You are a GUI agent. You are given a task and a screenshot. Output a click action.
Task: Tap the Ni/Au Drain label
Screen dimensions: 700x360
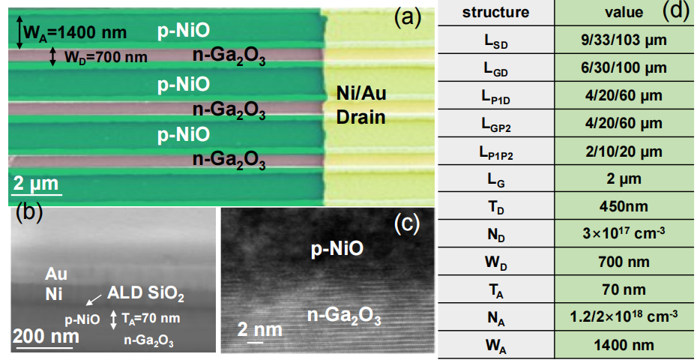[x=361, y=106]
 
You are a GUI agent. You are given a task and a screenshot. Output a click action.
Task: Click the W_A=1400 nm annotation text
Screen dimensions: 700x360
[x=75, y=33]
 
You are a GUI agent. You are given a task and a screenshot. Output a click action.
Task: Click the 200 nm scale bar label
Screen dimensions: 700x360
[x=46, y=335]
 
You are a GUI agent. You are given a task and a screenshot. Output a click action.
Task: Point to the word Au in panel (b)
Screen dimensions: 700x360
[x=55, y=273]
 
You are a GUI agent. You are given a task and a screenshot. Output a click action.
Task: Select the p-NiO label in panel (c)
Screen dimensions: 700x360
[x=337, y=250]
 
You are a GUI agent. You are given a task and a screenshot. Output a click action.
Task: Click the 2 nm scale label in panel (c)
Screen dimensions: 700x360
[x=259, y=330]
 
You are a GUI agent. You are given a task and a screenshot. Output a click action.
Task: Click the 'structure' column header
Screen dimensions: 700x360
[x=495, y=12]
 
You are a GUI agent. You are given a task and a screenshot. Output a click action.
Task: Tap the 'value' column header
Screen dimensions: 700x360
[x=624, y=13]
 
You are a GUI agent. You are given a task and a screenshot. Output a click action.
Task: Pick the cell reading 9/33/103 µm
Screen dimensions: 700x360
[x=625, y=40]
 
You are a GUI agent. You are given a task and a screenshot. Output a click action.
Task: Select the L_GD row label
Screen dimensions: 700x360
[x=495, y=69]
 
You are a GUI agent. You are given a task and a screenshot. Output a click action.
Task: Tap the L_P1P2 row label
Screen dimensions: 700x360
[x=495, y=152]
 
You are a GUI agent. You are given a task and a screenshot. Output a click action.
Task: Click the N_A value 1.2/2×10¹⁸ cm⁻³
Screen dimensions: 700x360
[x=625, y=316]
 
